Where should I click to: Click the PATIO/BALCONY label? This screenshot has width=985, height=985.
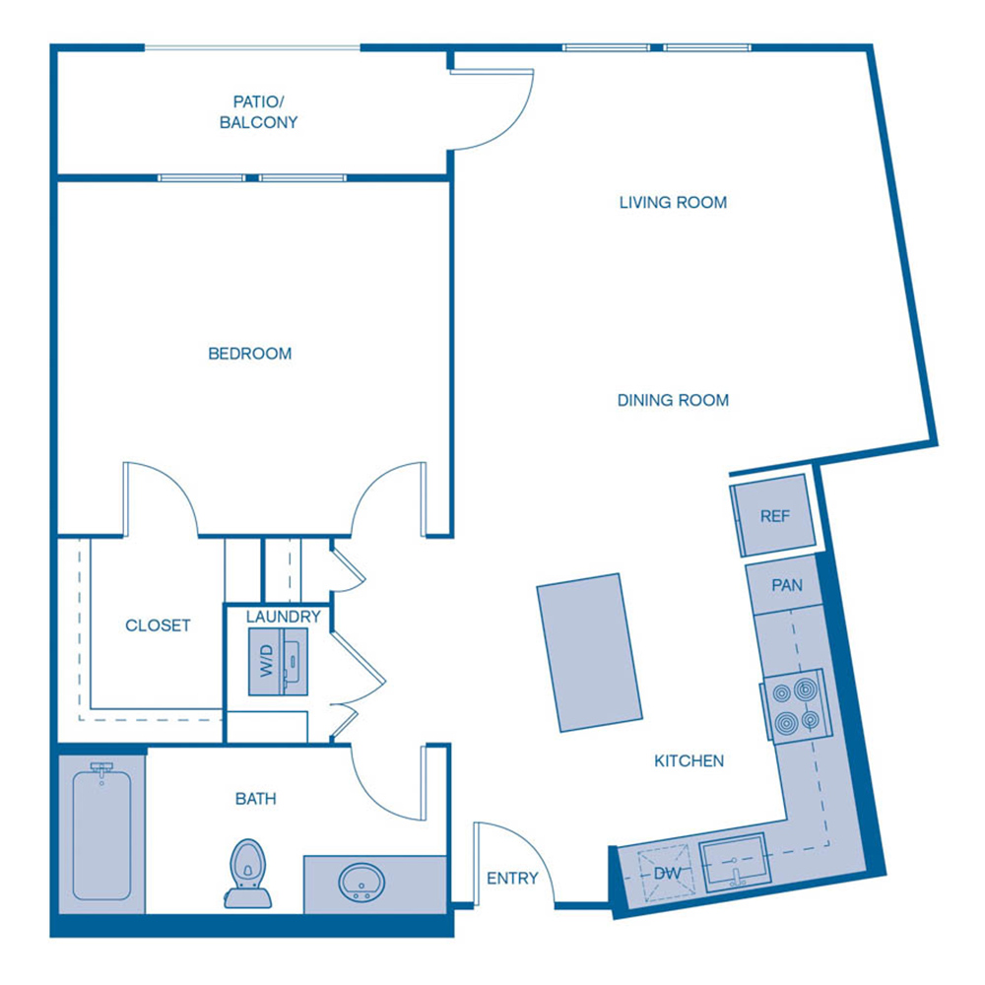(x=265, y=111)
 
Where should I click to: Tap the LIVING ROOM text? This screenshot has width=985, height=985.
(x=673, y=203)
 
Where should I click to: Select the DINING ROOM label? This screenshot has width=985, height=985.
(x=673, y=400)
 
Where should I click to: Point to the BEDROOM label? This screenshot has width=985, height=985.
(x=249, y=353)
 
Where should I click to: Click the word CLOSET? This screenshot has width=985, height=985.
(x=158, y=625)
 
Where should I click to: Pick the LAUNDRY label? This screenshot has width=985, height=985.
(x=284, y=617)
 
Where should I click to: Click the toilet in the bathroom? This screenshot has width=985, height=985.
(x=247, y=873)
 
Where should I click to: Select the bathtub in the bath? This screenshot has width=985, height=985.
(x=101, y=832)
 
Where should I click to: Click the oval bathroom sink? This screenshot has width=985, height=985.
(x=361, y=882)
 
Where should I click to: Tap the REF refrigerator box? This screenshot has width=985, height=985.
(x=774, y=515)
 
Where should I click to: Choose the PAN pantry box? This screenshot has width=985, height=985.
(x=787, y=586)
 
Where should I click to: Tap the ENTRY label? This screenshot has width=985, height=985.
(x=513, y=878)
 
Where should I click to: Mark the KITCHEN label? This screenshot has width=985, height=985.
(x=689, y=760)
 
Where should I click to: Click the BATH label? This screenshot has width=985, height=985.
(x=255, y=799)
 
